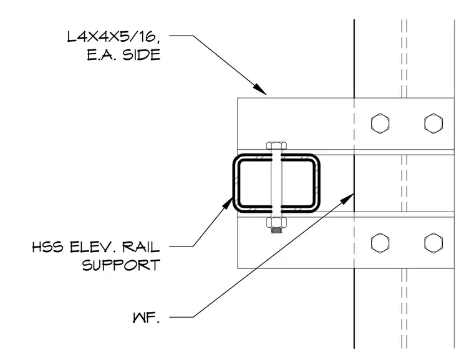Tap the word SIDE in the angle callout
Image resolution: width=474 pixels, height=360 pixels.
click(x=141, y=56)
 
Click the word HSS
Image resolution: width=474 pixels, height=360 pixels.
click(x=48, y=247)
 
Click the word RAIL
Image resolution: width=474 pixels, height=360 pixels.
click(x=141, y=247)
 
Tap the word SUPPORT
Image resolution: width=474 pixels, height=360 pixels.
click(x=121, y=265)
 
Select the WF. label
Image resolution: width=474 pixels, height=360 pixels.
click(x=146, y=318)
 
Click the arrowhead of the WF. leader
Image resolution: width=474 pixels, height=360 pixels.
click(x=347, y=198)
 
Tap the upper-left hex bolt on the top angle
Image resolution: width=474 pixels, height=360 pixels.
click(x=380, y=124)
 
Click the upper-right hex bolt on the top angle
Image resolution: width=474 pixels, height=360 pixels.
click(x=433, y=124)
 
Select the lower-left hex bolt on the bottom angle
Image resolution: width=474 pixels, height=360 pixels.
click(x=380, y=243)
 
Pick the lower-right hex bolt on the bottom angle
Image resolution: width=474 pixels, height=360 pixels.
click(x=433, y=243)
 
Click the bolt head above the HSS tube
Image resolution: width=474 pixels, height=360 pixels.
click(x=276, y=145)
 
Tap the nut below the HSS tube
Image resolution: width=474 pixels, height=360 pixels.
click(x=276, y=223)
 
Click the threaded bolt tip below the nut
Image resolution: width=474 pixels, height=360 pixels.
click(x=276, y=231)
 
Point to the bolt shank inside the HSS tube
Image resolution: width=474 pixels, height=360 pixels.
click(x=276, y=183)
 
